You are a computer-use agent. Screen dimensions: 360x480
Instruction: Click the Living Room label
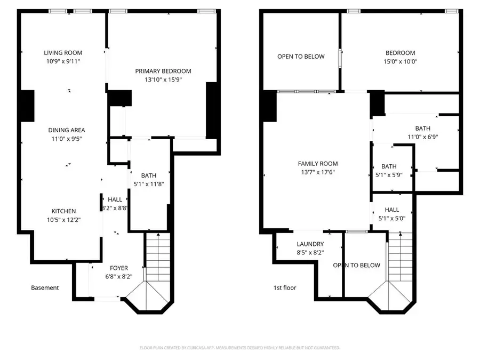coord(63,53)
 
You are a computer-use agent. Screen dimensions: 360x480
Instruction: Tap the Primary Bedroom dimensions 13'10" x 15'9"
coord(163,80)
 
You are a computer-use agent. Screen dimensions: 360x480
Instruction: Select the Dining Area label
coord(67,130)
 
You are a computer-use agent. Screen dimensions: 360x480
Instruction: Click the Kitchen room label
coord(63,211)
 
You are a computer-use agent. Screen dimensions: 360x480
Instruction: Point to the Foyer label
coord(119,268)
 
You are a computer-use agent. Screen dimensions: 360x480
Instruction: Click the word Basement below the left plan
coord(45,288)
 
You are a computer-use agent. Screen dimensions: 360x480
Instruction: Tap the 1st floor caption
coord(285,288)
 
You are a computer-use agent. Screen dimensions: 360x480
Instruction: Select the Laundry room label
coord(310,244)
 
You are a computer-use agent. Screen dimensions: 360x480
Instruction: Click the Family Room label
coord(318,164)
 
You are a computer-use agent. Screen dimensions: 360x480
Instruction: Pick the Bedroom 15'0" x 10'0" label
coord(400,53)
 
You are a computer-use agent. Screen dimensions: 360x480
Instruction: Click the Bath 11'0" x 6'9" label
coord(422,129)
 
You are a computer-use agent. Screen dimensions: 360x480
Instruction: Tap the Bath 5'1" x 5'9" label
coord(389,166)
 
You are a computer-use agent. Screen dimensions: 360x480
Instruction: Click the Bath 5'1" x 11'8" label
coord(149,175)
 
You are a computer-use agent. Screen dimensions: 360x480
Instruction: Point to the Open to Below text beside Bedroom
coord(301,57)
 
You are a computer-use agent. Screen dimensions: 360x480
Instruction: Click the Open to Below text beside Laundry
coord(357,266)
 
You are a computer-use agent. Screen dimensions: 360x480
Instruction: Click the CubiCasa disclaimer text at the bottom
coord(239,347)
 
